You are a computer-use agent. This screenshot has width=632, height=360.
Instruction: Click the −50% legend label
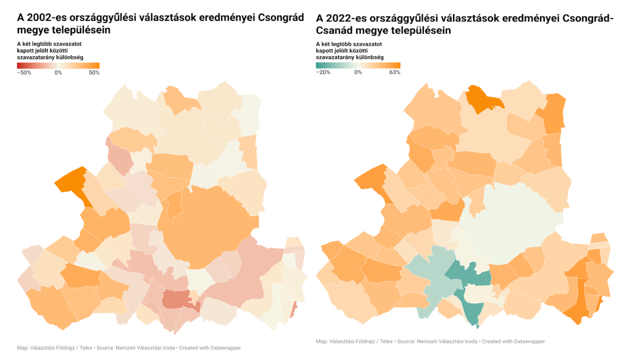[24, 73]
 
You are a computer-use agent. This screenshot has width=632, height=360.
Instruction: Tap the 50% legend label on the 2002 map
[94, 73]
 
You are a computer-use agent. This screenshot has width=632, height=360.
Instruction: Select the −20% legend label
[323, 72]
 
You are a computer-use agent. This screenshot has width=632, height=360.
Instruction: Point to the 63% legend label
[395, 72]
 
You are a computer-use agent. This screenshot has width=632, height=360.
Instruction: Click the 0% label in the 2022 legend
[358, 72]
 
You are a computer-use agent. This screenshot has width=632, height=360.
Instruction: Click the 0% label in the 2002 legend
[58, 73]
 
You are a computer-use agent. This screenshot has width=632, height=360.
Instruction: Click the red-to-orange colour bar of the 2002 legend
[58, 65]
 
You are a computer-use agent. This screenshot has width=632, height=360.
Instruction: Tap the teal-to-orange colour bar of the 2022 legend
[358, 65]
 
